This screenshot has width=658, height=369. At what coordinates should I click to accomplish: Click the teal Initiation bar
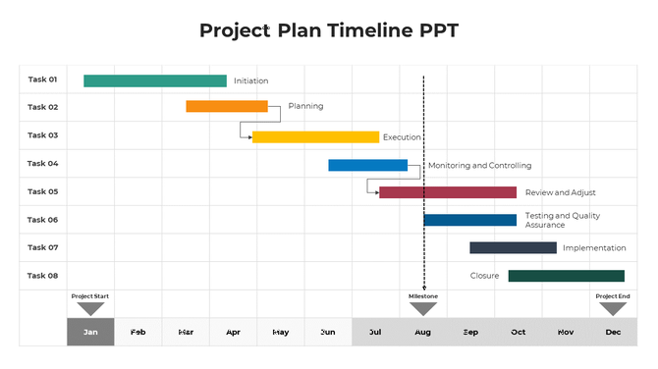[155, 80]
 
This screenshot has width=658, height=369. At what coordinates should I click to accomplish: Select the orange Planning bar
[227, 106]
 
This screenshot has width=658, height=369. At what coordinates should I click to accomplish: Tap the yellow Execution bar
[315, 137]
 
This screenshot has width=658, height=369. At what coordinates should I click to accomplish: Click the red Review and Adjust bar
[448, 192]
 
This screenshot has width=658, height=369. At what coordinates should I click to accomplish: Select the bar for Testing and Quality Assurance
[469, 220]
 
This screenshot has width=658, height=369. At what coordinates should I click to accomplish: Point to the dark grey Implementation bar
[513, 248]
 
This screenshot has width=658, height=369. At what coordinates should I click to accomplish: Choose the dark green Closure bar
[566, 276]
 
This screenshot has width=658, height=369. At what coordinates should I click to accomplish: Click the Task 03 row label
[42, 135]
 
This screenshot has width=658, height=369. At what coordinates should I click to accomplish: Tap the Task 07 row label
[42, 247]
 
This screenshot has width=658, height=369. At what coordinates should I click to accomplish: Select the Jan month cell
[90, 332]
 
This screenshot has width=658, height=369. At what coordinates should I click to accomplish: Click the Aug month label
[423, 333]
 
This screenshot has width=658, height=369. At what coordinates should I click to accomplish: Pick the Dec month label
[613, 333]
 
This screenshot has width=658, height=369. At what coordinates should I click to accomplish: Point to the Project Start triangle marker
[90, 308]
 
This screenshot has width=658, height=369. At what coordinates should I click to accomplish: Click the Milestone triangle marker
[423, 308]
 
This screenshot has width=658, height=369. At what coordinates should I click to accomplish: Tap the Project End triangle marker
[613, 308]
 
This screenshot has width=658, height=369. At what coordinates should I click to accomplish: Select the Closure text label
[484, 276]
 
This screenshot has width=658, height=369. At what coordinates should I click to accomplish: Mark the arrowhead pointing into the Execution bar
[249, 137]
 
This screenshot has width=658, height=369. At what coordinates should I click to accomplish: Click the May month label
[281, 333]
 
